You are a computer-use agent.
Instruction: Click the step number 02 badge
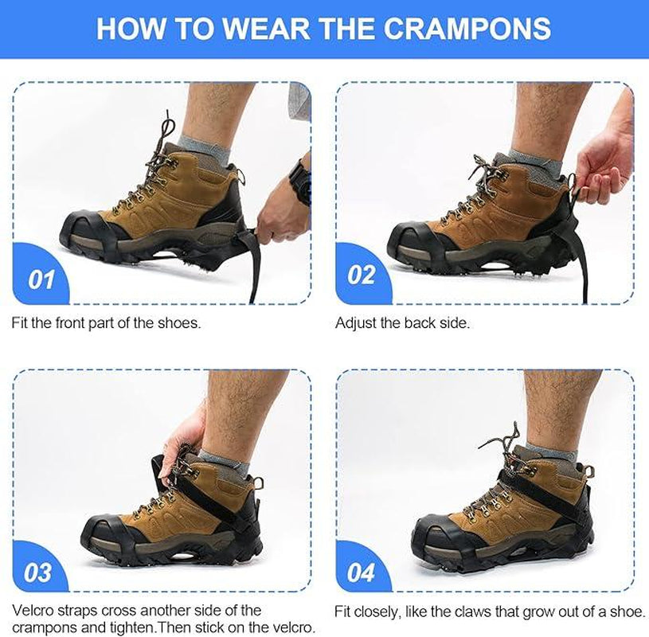362,275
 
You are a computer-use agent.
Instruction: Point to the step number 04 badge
362,572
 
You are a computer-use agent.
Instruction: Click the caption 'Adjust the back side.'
402,323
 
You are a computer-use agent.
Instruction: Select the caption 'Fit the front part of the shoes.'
105,323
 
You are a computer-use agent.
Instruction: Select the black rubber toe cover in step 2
414,240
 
